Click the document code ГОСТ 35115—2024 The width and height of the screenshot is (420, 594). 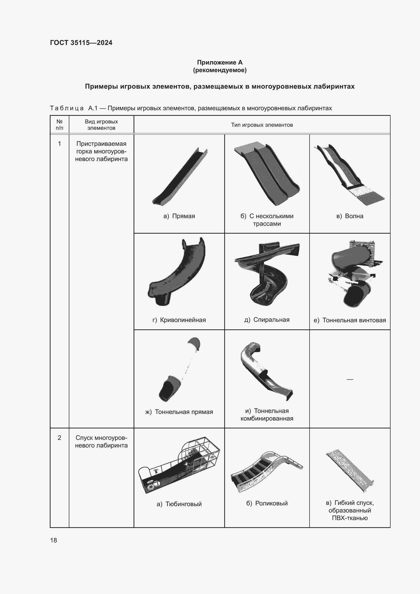click(81, 43)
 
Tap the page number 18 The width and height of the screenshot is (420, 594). click(54, 540)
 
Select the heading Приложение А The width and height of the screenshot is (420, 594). click(220, 62)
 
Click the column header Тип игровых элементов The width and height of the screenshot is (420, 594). click(262, 125)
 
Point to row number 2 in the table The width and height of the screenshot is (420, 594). click(59, 438)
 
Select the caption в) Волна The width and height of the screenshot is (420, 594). click(350, 216)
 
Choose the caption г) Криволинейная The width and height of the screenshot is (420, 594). click(179, 320)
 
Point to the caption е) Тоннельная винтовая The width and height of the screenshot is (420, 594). click(350, 320)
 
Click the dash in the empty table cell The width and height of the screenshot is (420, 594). click(350, 379)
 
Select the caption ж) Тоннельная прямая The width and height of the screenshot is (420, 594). click(179, 412)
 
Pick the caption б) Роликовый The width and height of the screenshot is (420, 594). click(267, 503)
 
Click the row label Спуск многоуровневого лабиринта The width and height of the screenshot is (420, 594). click(101, 442)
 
